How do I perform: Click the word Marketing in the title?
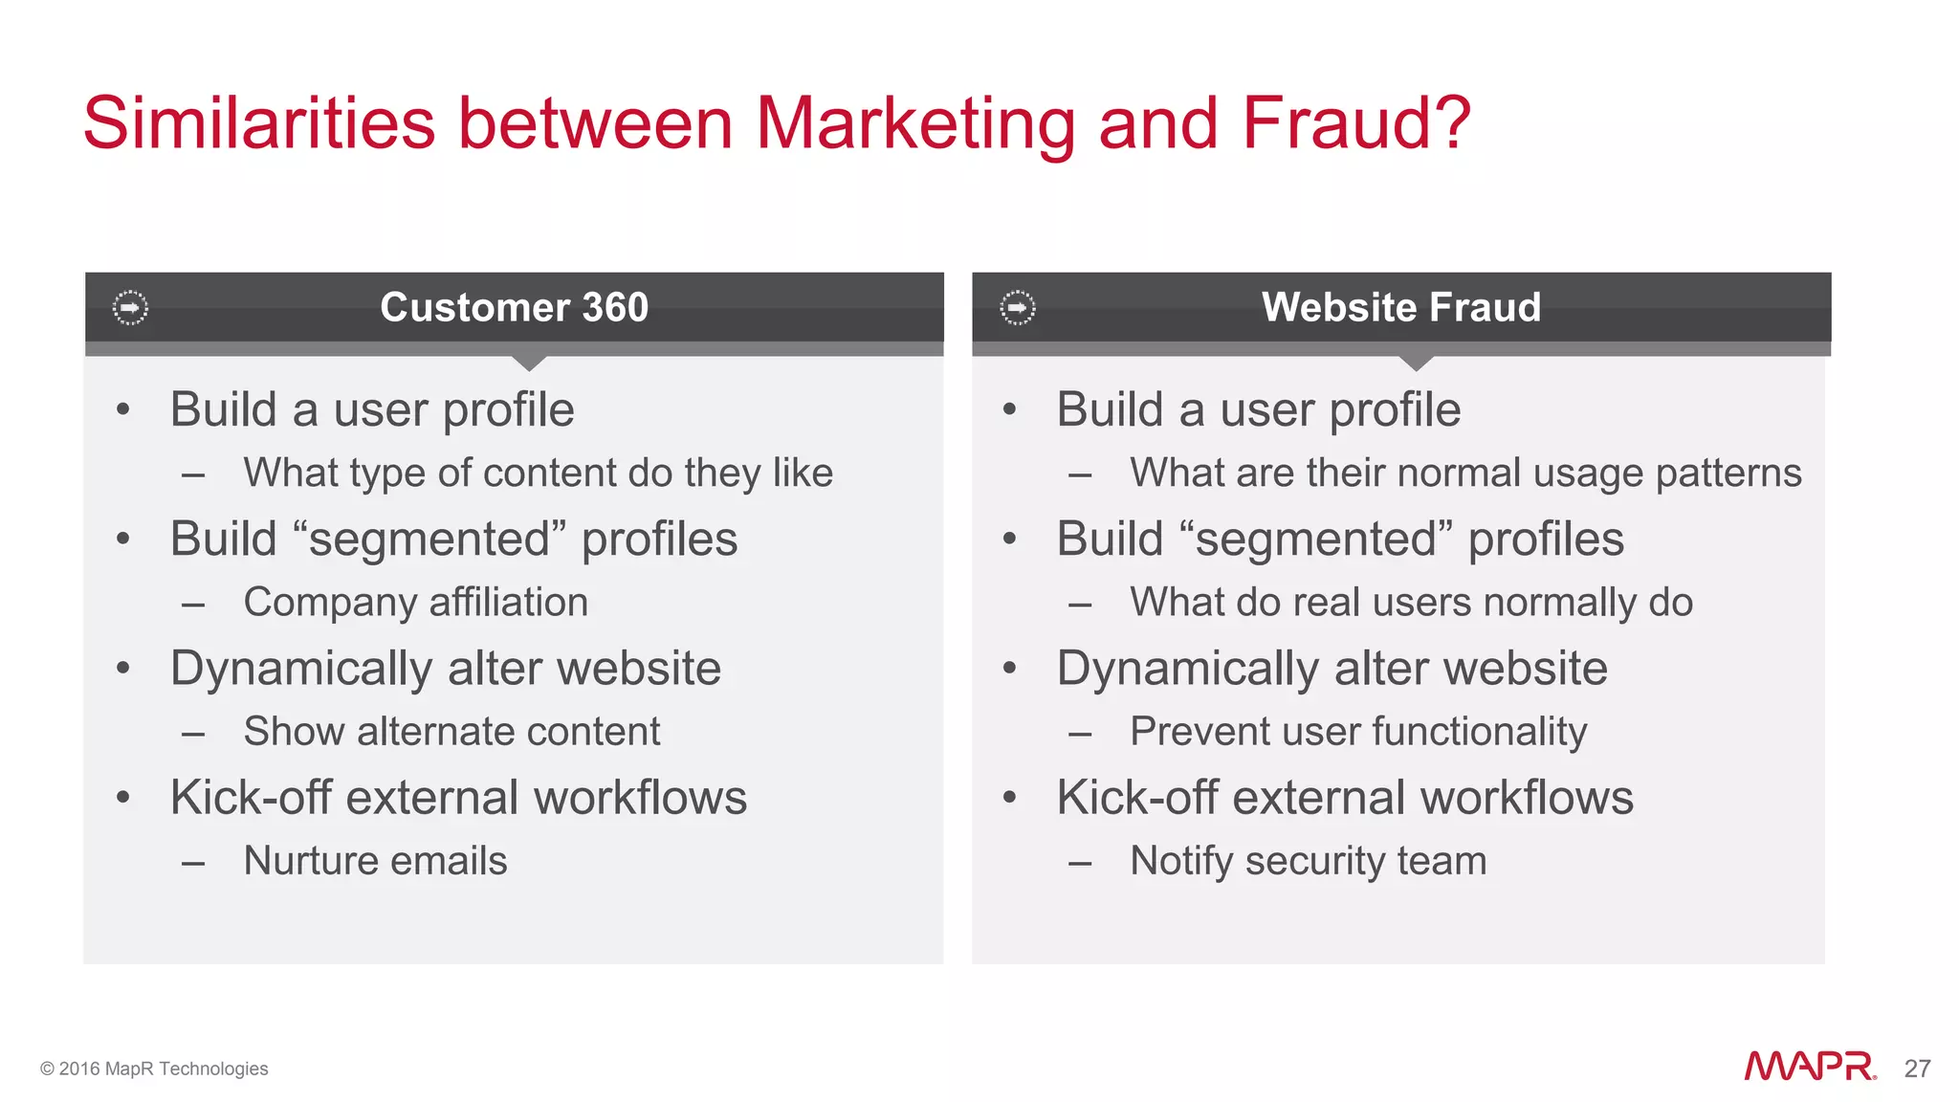coord(915,124)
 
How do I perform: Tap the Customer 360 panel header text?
coord(514,307)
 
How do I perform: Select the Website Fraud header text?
coord(1401,307)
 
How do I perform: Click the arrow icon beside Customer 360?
coord(130,308)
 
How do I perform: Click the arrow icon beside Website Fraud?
coord(1018,308)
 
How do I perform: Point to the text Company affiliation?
coord(415,603)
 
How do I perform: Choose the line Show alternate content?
coord(451,732)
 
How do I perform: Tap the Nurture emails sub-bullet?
coord(375,861)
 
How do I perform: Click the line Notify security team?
coord(1308,861)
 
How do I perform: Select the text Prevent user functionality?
coord(1358,732)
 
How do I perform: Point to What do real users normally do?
coord(1411,603)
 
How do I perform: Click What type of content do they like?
coord(538,474)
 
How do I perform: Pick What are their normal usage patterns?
coord(1465,474)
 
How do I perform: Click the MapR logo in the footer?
coord(1809,1067)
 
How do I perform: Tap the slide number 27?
coord(1917,1069)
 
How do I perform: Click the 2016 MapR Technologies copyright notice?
coord(154,1069)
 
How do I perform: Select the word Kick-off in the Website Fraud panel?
coord(1138,798)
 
